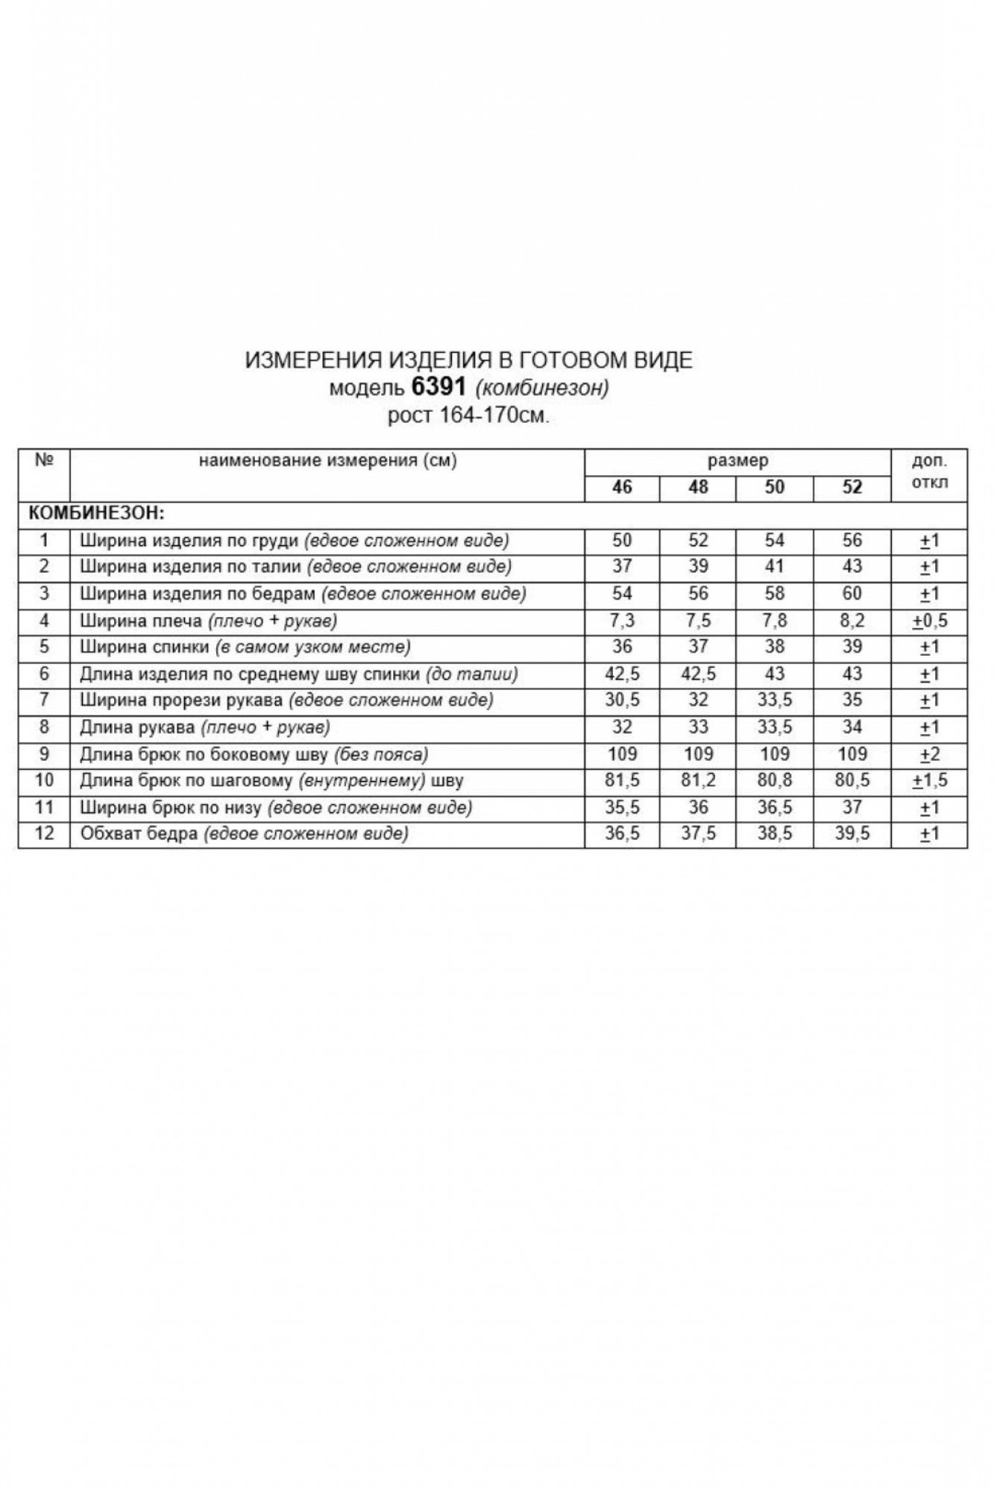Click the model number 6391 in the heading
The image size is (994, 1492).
(x=438, y=387)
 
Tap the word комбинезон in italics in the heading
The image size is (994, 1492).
(x=542, y=388)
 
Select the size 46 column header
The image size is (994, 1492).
(x=622, y=487)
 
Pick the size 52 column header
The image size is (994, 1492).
(x=852, y=487)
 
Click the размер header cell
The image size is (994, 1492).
(x=737, y=461)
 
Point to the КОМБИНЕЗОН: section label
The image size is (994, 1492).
(x=95, y=514)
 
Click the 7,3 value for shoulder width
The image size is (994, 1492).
(x=622, y=621)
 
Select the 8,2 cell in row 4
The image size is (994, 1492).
(x=852, y=621)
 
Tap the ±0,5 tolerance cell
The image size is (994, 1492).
(x=929, y=621)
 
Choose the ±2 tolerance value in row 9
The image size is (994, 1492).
(x=929, y=754)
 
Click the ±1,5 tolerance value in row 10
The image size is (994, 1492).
(x=929, y=781)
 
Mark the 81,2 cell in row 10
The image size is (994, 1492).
(x=698, y=781)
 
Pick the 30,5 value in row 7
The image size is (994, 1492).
(x=622, y=700)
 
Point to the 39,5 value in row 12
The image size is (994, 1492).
(x=852, y=834)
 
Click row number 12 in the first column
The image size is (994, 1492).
(x=44, y=834)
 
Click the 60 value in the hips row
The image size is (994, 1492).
(x=852, y=594)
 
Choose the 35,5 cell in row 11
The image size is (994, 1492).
(x=622, y=808)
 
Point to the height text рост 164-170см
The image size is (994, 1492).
(x=468, y=416)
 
